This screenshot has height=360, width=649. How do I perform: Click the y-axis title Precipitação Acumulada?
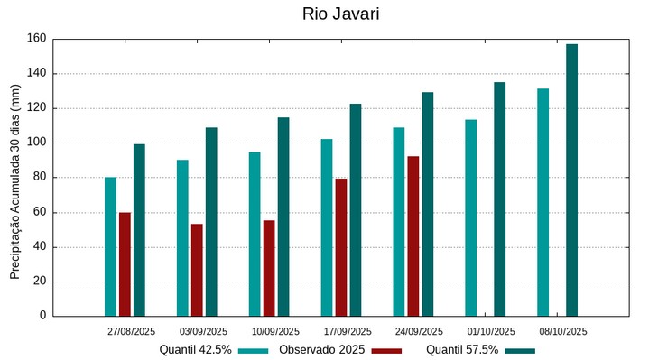pos(14,181)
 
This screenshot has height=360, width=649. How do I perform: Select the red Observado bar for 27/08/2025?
pos(125,263)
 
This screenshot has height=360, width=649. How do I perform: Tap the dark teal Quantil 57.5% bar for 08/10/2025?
pos(571,180)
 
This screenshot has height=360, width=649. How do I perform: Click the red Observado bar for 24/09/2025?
pos(413,235)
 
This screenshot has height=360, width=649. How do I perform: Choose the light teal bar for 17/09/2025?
pos(327,227)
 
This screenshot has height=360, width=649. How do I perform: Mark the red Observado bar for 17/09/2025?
pos(341,247)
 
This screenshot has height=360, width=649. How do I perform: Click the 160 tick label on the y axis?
pos(36,39)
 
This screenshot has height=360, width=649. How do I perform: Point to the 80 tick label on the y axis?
pos(39,178)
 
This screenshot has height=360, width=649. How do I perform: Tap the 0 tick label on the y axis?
pos(42,316)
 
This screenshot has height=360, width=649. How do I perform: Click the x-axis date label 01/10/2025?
pos(491,331)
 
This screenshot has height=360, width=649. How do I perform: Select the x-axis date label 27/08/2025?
pos(131,331)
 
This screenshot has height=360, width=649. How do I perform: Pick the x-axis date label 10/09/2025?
pos(275,331)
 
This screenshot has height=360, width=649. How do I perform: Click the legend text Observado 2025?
pos(321,350)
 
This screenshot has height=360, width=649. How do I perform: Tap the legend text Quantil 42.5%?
pos(195,350)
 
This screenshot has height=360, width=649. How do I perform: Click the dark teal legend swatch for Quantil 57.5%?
pos(520,350)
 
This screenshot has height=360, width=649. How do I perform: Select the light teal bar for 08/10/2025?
pos(542,202)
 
